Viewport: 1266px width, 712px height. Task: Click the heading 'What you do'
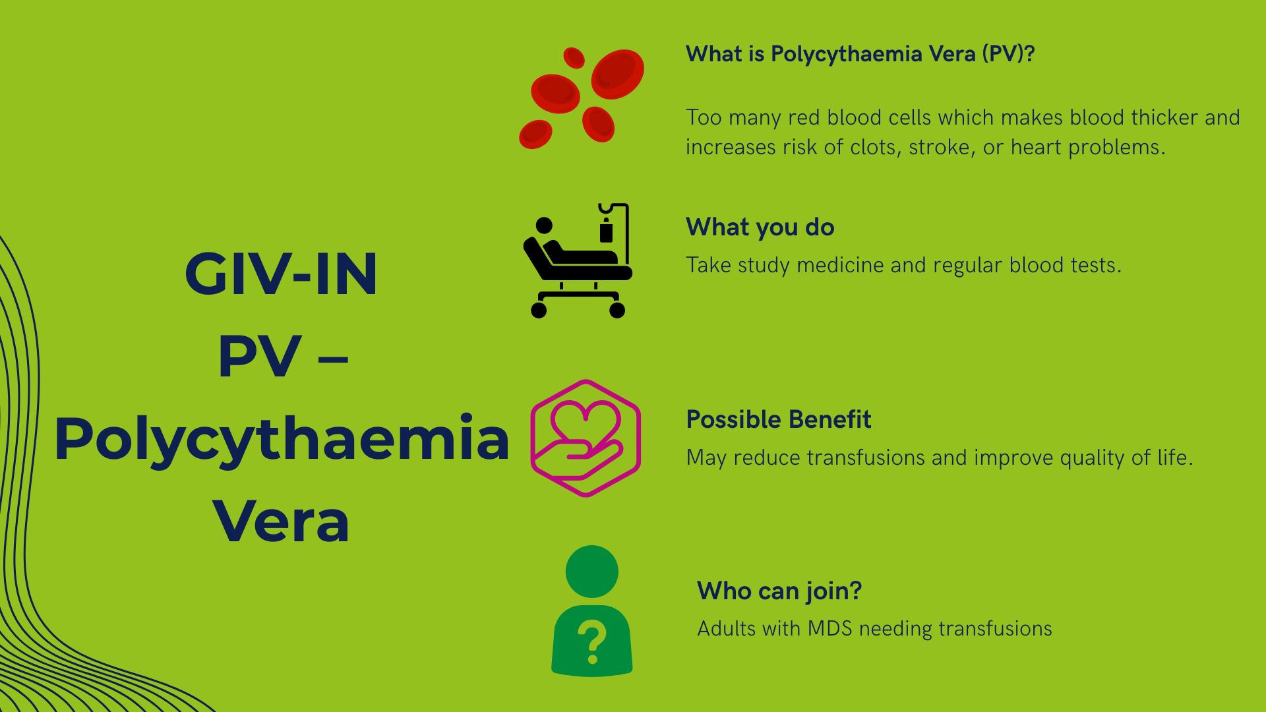[x=760, y=227]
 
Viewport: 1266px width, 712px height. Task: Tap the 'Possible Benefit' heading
[x=778, y=420]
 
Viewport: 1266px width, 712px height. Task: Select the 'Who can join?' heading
[x=779, y=591]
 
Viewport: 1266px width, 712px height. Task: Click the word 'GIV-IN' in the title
[x=281, y=274]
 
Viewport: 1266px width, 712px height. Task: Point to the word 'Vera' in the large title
[x=281, y=522]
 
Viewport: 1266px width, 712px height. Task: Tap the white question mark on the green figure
[x=591, y=643]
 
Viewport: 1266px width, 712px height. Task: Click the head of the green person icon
[x=591, y=572]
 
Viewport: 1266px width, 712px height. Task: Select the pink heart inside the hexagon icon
[x=586, y=421]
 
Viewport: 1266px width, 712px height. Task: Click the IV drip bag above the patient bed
[x=606, y=231]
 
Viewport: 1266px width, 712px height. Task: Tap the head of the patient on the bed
[x=544, y=226]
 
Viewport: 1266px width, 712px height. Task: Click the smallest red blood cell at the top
[x=574, y=57]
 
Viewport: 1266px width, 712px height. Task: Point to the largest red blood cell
[x=617, y=73]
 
